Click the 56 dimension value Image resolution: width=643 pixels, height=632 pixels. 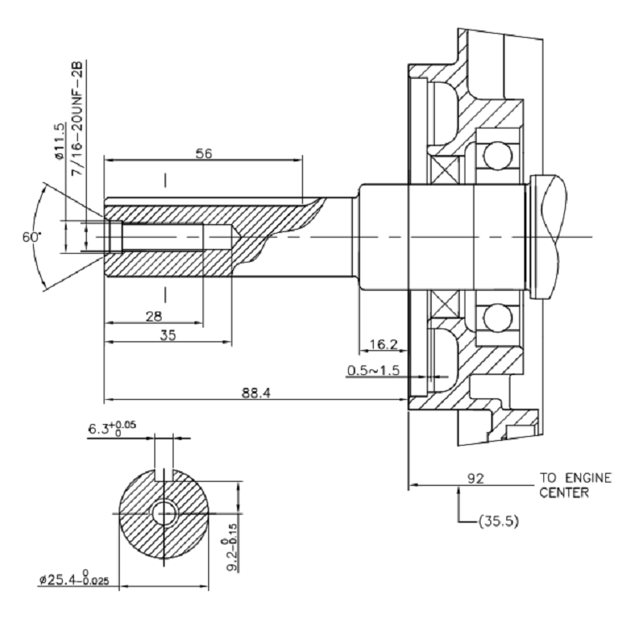[203, 153]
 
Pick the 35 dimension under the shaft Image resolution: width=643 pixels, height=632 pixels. [167, 335]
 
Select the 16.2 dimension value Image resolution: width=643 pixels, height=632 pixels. [383, 345]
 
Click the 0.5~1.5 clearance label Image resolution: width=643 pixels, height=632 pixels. [374, 370]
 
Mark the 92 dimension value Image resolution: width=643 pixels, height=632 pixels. [476, 479]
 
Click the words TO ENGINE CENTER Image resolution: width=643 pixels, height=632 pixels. [575, 485]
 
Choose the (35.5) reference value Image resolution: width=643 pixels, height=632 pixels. [498, 520]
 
